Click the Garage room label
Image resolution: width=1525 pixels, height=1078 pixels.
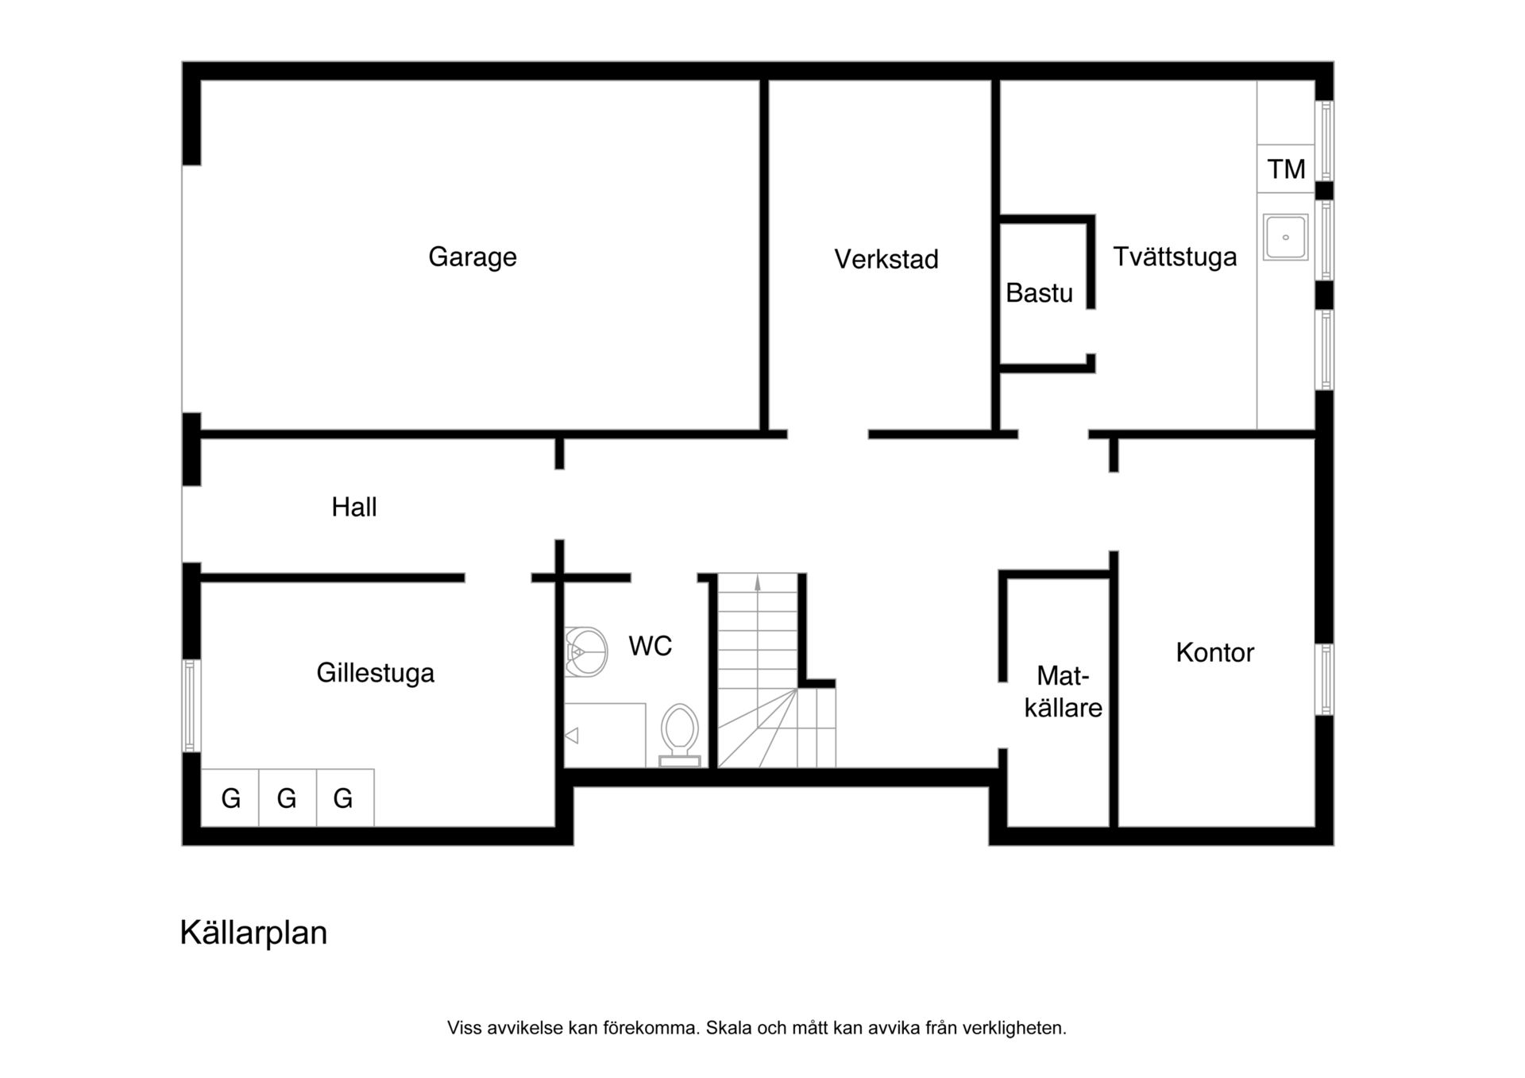tap(473, 257)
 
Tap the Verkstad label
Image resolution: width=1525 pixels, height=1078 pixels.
tap(886, 259)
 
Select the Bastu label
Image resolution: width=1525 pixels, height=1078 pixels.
tap(1039, 293)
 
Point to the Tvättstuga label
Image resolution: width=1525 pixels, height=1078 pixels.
tap(1175, 257)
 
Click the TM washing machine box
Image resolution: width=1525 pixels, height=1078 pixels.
tap(1286, 168)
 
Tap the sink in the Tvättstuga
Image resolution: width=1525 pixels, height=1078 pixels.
tap(1286, 237)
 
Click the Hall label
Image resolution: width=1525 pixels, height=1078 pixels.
tap(354, 507)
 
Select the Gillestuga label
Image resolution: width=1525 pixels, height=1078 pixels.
tap(376, 673)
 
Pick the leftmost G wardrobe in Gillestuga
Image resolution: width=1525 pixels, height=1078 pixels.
tap(230, 798)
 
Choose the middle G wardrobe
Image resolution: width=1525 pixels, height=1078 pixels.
tap(288, 798)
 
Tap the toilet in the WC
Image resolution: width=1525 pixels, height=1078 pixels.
tap(680, 735)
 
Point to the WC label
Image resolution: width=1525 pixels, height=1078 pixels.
tap(651, 646)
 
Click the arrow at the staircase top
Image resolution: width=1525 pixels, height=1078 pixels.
tap(758, 582)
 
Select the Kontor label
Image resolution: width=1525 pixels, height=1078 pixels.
tap(1214, 653)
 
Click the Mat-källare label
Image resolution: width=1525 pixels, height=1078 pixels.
tap(1063, 692)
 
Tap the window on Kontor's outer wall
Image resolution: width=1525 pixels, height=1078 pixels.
tap(1325, 679)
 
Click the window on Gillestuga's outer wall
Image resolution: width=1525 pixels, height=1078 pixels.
tap(191, 705)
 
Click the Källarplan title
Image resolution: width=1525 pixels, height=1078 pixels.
tap(253, 933)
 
